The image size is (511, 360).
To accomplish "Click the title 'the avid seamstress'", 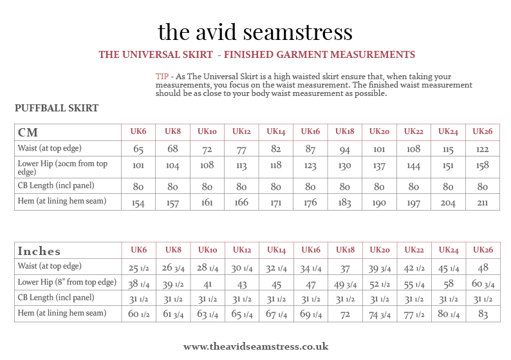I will (255, 32).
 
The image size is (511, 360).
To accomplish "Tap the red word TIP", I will (162, 76).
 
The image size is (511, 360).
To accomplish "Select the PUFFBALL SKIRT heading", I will (57, 108).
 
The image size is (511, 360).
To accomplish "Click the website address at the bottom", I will (256, 346).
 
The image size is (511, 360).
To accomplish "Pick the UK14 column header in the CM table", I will (275, 131).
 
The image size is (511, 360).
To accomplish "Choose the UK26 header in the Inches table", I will (483, 250).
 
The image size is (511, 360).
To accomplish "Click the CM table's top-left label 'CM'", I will (28, 133).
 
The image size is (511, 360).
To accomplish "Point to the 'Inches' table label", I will (39, 251).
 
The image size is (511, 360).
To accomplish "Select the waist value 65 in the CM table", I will (138, 149).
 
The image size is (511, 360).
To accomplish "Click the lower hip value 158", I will (483, 166).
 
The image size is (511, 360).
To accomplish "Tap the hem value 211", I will (483, 203).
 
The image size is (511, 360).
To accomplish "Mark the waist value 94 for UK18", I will (345, 149).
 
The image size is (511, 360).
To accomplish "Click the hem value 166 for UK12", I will (241, 203).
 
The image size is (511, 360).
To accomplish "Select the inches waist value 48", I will (483, 267).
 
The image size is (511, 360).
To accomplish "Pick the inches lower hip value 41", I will (207, 283).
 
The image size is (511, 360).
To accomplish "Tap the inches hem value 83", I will (483, 314).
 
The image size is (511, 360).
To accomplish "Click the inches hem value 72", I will (345, 314).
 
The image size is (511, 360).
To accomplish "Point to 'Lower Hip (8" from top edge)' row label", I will (67, 282).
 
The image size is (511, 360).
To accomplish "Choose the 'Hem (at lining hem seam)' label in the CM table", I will (61, 202).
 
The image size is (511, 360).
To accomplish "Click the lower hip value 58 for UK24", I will (448, 283).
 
